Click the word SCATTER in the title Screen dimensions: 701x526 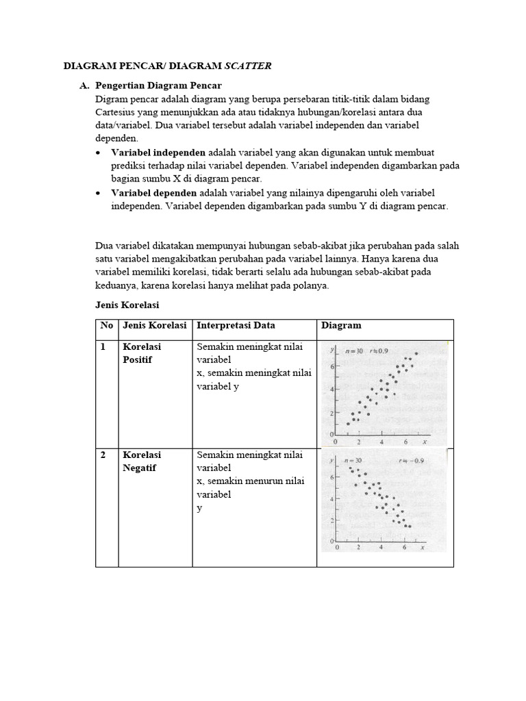[x=249, y=66]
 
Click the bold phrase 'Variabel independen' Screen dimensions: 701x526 [x=158, y=152]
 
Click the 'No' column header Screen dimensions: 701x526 [x=107, y=326]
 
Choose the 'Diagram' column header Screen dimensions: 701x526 [x=341, y=326]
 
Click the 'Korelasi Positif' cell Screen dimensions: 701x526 [x=142, y=353]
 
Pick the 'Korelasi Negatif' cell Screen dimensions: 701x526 [x=142, y=461]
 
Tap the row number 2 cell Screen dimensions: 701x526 [x=103, y=455]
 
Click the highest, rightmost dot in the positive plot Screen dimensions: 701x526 [x=416, y=353]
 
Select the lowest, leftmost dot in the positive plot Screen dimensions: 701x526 [x=348, y=424]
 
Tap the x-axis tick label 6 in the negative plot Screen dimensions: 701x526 [x=404, y=548]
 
